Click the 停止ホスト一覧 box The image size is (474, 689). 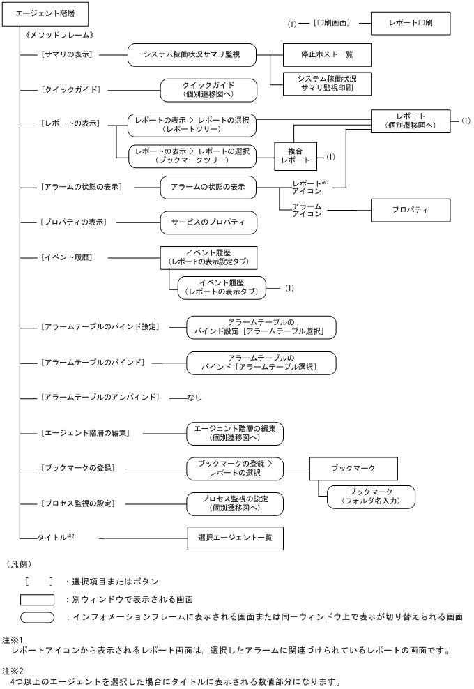(326, 54)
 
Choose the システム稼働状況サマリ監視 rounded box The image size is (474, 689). (192, 54)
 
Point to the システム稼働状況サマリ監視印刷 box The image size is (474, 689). (326, 84)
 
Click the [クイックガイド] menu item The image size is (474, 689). (71, 90)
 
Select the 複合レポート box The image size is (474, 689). (293, 155)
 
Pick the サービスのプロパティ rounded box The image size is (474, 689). (208, 222)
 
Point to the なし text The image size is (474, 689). (194, 397)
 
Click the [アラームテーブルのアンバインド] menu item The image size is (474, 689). (100, 397)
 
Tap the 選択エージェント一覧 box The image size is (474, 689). (235, 538)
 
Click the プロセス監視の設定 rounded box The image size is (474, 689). (234, 503)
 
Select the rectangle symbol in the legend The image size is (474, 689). (38, 599)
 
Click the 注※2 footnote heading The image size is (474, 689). (13, 669)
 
